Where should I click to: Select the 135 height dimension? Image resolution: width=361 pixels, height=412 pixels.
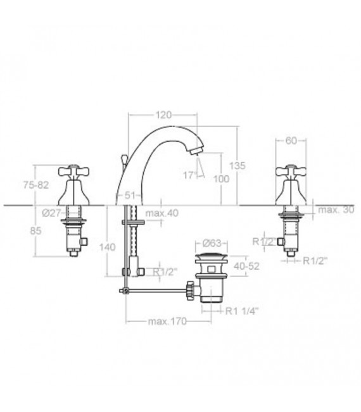click(237, 165)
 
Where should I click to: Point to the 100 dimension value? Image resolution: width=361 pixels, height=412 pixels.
click(221, 179)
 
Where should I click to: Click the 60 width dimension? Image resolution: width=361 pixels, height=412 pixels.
click(291, 140)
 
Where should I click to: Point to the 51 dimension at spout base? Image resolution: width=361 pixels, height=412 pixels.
click(130, 196)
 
